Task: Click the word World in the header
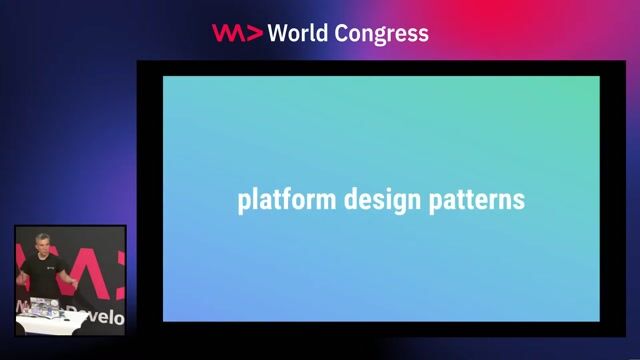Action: pos(301,33)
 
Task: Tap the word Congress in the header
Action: pos(381,33)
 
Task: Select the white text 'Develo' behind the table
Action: pos(101,318)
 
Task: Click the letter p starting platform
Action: pos(243,202)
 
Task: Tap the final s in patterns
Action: pos(519,200)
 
